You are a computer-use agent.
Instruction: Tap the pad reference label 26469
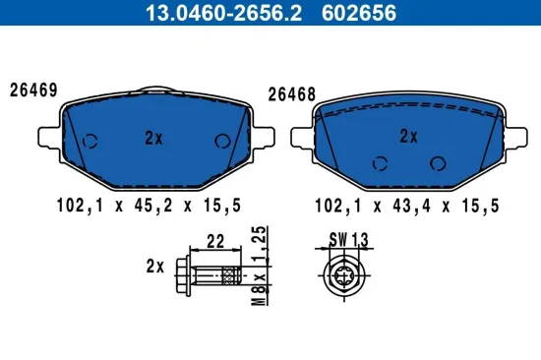click(x=33, y=90)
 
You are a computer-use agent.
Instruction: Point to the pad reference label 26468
click(x=291, y=95)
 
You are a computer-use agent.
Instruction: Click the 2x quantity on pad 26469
click(x=152, y=139)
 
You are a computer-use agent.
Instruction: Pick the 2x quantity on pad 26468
click(x=408, y=136)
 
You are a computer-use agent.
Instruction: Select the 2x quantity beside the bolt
click(x=153, y=266)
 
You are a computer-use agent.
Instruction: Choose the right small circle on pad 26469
click(x=220, y=141)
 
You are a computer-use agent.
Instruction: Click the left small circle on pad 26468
click(x=378, y=165)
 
